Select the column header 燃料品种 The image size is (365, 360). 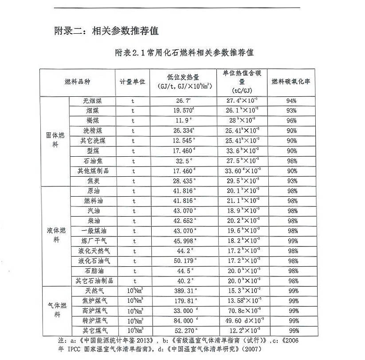pyautogui.click(x=77, y=83)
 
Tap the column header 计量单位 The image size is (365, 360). pyautogui.click(x=132, y=83)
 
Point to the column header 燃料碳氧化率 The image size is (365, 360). pyautogui.click(x=291, y=83)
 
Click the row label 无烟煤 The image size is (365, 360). pyautogui.click(x=92, y=101)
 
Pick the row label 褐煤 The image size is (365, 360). pyautogui.click(x=92, y=121)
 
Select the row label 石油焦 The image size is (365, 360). pyautogui.click(x=92, y=161)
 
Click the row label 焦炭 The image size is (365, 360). pyautogui.click(x=92, y=181)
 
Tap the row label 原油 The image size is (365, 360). pyautogui.click(x=92, y=191)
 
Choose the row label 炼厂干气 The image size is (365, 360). pyautogui.click(x=92, y=241)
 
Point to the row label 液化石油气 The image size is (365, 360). pyautogui.click(x=92, y=261)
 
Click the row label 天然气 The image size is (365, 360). pyautogui.click(x=92, y=291)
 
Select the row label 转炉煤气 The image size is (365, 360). pyautogui.click(x=92, y=320)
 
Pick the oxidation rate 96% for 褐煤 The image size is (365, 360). pyautogui.click(x=291, y=121)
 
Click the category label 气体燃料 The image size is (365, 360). pyautogui.click(x=55, y=310)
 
